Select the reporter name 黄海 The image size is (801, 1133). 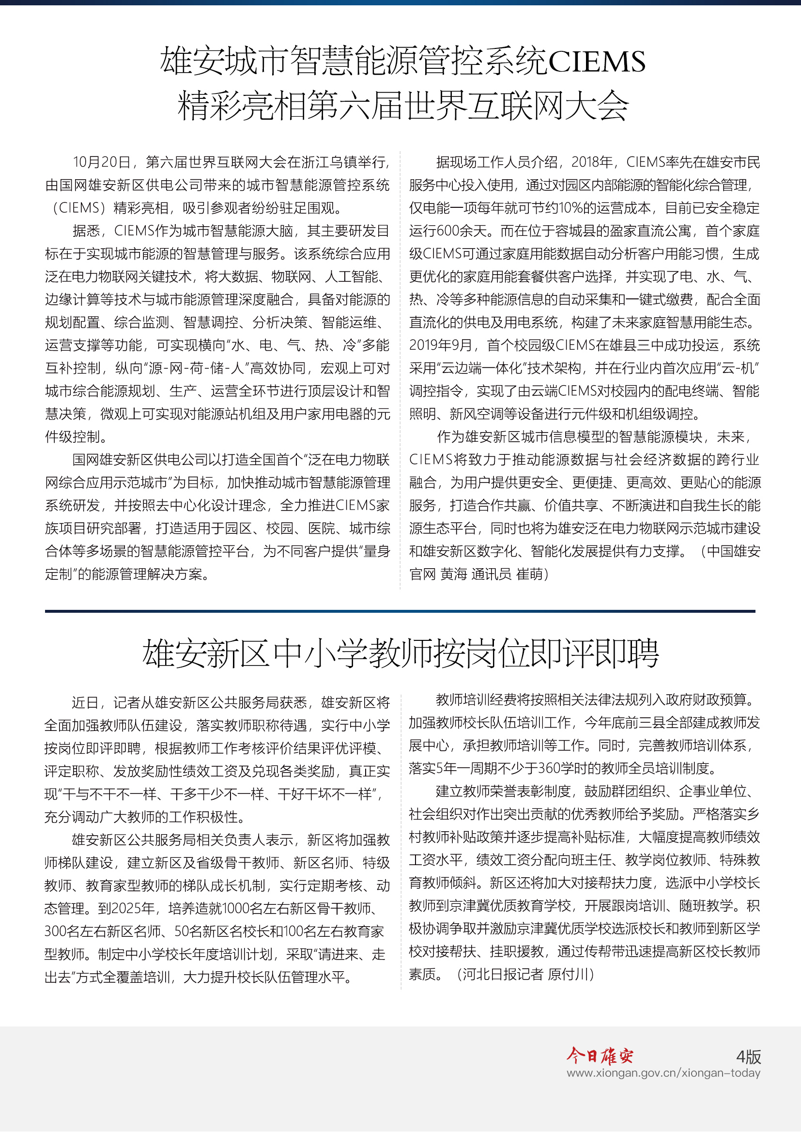pyautogui.click(x=453, y=574)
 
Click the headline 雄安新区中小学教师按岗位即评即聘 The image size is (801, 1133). pyautogui.click(x=400, y=653)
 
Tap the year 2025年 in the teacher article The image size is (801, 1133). pyautogui.click(x=133, y=908)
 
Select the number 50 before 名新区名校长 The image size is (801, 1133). pyautogui.click(x=182, y=931)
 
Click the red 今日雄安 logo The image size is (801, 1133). pyautogui.click(x=599, y=1055)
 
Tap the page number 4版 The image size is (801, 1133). pyautogui.click(x=748, y=1056)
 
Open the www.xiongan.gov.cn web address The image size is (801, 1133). pyautogui.click(x=663, y=1073)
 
